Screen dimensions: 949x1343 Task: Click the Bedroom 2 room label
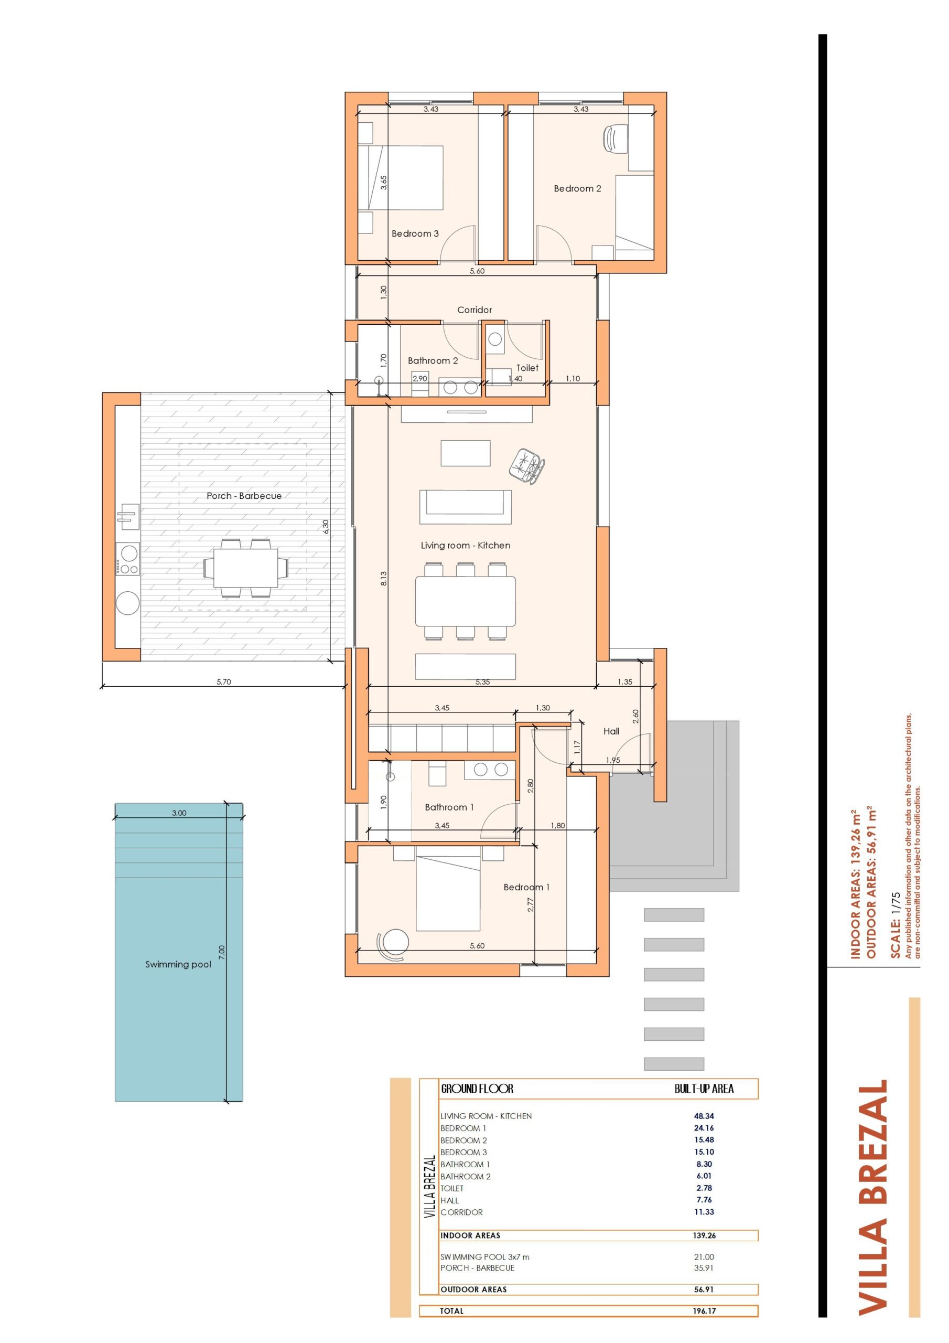(x=577, y=188)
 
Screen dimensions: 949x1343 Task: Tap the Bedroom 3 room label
(x=415, y=233)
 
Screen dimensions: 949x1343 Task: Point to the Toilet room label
(x=527, y=368)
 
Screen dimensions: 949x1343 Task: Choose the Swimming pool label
(x=178, y=965)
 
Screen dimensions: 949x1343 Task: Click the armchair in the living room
(x=527, y=466)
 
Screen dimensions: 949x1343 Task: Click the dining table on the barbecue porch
(x=245, y=568)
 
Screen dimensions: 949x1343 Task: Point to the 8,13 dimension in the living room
(x=384, y=579)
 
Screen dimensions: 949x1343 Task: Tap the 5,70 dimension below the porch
(x=223, y=681)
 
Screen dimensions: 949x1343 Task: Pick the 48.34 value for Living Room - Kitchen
(x=704, y=1116)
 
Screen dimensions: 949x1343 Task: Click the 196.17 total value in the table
(x=704, y=1311)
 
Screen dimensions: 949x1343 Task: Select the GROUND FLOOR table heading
(x=477, y=1089)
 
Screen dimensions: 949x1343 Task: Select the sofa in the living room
(x=466, y=507)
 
